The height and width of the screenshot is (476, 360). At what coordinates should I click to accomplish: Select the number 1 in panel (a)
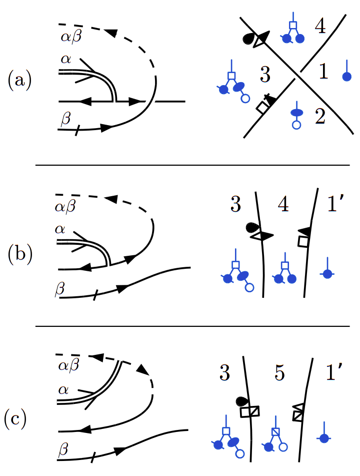pos(323,73)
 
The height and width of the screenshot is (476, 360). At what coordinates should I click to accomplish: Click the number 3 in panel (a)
pos(265,75)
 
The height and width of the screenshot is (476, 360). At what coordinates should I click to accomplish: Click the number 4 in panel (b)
pos(284,206)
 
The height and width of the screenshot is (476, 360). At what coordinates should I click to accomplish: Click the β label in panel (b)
pos(60,289)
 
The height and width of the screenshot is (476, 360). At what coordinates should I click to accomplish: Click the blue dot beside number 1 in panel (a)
pos(345,77)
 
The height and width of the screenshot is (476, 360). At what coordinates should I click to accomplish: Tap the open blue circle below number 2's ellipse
pos(296,126)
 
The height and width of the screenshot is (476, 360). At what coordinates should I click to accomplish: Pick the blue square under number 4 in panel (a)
pos(293,25)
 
